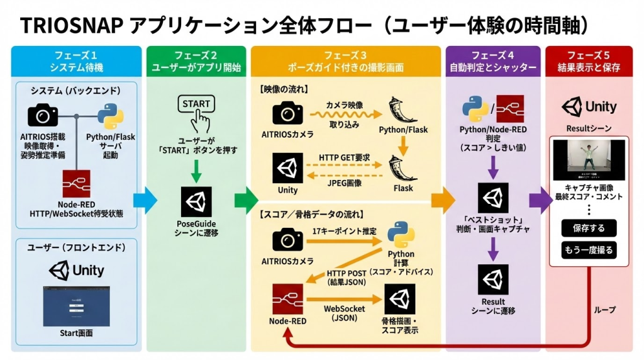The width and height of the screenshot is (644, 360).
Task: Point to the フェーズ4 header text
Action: coord(493,55)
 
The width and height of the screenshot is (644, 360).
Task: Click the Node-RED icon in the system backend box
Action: coord(76,184)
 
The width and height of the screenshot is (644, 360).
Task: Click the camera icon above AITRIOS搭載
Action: coord(43,115)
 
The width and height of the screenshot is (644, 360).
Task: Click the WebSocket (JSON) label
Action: coord(343,313)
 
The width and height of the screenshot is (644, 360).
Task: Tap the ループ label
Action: coord(604,310)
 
